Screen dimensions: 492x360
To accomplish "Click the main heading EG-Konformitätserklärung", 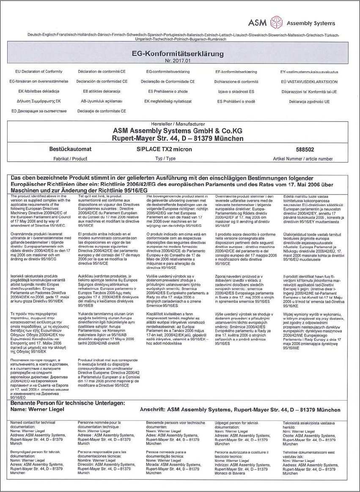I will (178, 54).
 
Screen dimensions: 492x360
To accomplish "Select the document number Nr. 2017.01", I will (178, 61).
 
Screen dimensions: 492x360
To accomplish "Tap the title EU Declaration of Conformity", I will (36, 72).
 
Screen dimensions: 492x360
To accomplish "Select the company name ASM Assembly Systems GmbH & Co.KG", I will (178, 131).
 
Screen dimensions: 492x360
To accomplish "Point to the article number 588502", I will (303, 150).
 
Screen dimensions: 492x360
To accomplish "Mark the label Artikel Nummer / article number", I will (303, 158).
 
